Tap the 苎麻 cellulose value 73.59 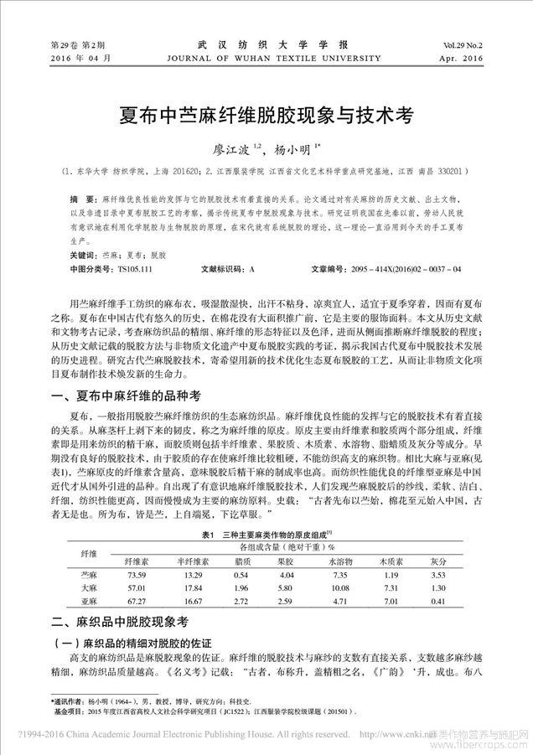pyautogui.click(x=136, y=575)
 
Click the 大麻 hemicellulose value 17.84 pyautogui.click(x=191, y=589)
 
